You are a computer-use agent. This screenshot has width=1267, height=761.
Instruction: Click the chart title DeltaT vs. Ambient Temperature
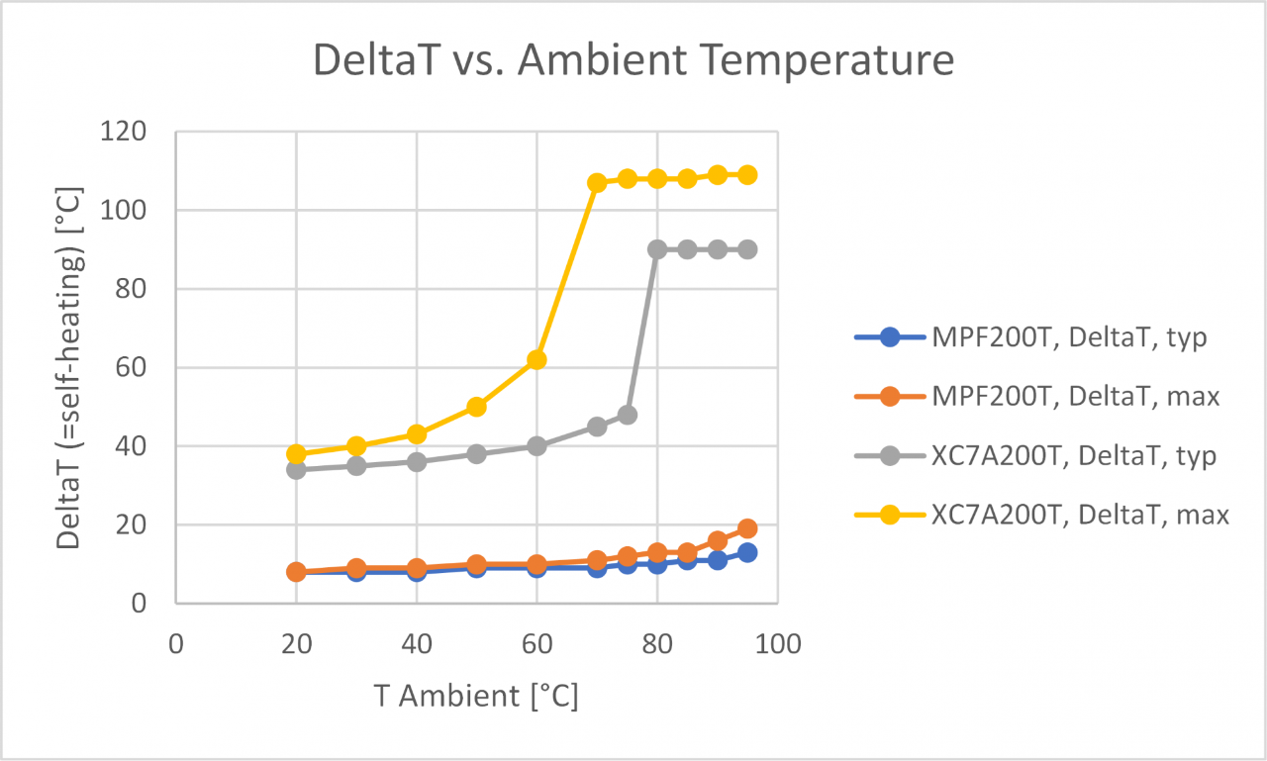point(633,60)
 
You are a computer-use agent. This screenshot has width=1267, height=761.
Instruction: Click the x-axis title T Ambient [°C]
point(476,696)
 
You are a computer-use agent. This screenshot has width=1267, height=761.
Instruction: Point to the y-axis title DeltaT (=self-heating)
point(68,367)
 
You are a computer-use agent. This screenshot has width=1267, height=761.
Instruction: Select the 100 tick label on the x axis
point(777,643)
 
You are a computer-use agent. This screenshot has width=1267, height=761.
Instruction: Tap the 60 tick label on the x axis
point(536,643)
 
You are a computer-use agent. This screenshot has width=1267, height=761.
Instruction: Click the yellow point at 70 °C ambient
point(597,182)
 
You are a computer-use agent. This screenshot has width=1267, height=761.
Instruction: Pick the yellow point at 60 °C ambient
point(536,359)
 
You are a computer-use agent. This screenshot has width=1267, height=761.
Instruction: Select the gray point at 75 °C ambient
point(627,415)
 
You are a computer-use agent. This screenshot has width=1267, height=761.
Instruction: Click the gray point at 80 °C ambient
point(657,249)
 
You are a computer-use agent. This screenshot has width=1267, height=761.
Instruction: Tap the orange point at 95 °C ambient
point(747,528)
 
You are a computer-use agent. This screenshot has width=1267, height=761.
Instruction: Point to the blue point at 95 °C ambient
point(747,552)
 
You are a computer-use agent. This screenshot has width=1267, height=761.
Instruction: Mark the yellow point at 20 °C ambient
point(296,454)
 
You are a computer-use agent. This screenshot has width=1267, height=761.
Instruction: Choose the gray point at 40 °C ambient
point(417,462)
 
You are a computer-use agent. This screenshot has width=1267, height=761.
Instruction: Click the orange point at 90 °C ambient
point(718,540)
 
